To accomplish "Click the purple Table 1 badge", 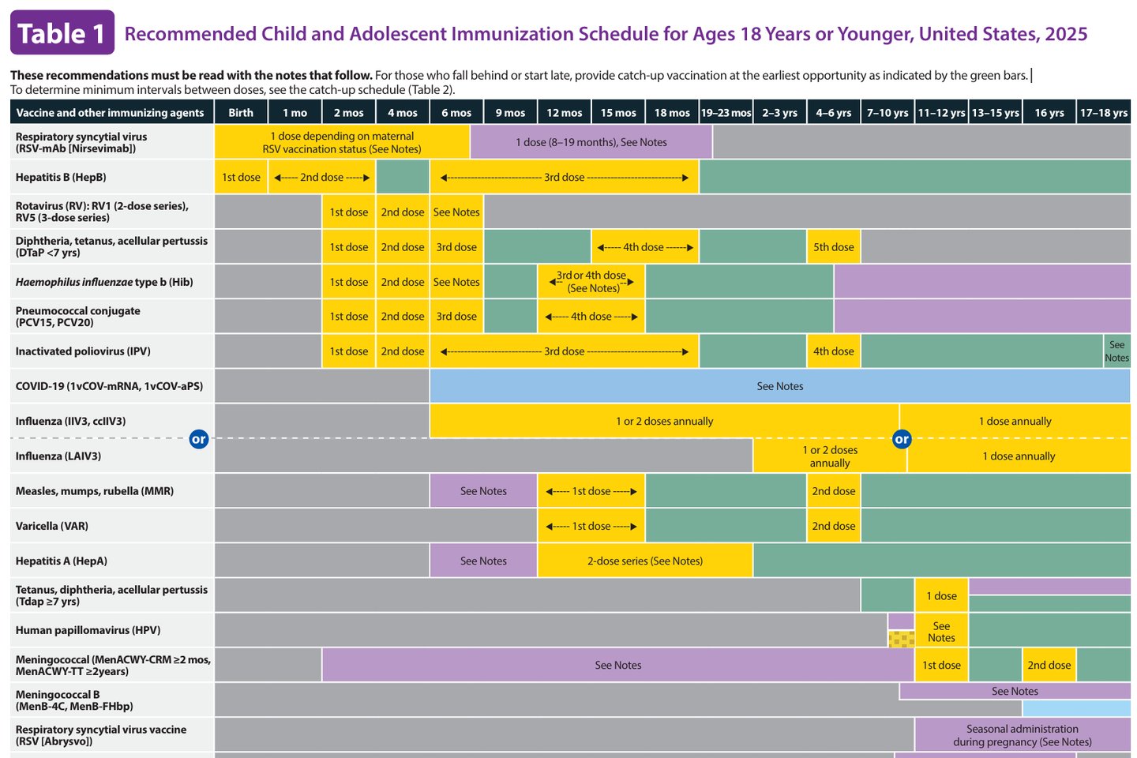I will [x=62, y=33].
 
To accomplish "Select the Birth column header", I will [x=241, y=113].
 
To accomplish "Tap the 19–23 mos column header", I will [x=726, y=113].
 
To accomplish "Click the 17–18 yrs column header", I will [x=1103, y=113].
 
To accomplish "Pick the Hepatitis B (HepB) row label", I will [x=61, y=177].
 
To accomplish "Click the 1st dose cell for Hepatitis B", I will [x=241, y=177].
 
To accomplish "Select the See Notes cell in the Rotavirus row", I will [x=456, y=212].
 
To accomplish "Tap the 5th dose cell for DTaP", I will [x=833, y=247].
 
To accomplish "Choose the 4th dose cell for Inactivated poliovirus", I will [x=833, y=351].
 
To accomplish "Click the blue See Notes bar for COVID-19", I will [x=779, y=386].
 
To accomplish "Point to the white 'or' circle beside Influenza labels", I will [x=199, y=439].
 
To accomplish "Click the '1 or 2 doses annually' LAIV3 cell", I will [x=829, y=456].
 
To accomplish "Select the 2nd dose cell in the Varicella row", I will [x=833, y=526].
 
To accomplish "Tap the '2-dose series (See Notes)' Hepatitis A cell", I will [x=644, y=561].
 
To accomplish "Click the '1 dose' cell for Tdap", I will [x=941, y=596].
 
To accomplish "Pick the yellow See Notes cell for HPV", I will [x=941, y=632].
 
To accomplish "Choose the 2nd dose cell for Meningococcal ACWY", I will [x=1049, y=665].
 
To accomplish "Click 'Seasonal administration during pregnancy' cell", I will [x=1022, y=735].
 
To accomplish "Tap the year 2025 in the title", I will [x=1066, y=34].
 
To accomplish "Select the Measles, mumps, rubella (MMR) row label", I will [x=95, y=491].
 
